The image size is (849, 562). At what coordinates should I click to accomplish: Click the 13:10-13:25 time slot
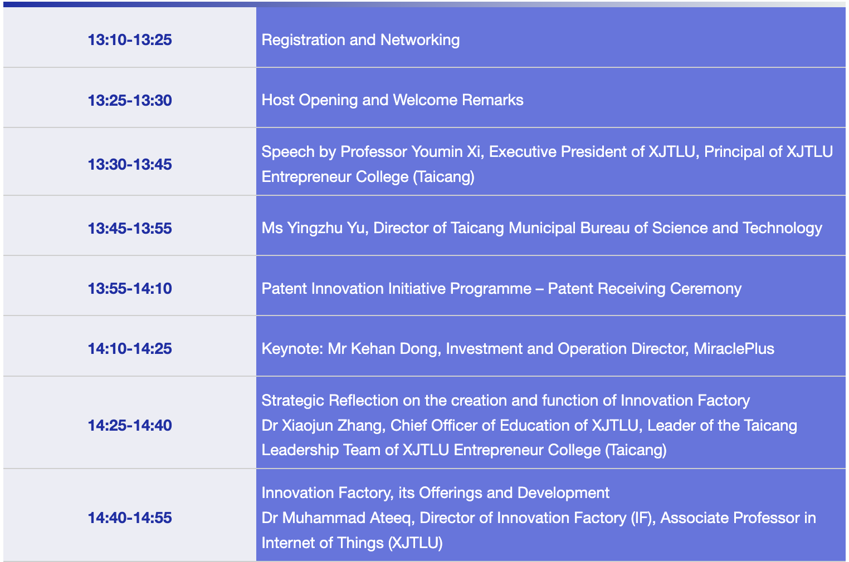[x=130, y=40]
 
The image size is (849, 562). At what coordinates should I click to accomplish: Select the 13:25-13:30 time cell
[x=130, y=100]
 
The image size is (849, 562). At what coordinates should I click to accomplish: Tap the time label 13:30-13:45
[x=130, y=164]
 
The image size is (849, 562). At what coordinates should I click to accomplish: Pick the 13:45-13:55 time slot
[x=130, y=228]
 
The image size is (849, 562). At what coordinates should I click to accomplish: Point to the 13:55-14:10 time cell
[x=130, y=288]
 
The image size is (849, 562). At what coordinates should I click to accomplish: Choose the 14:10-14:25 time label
[x=130, y=348]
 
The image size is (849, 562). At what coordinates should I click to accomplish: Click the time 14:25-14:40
[x=130, y=425]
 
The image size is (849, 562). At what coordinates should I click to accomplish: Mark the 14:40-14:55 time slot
[x=130, y=517]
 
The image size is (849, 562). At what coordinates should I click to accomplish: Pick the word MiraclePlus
[x=734, y=348]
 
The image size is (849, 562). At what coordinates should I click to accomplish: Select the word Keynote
[x=291, y=349]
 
